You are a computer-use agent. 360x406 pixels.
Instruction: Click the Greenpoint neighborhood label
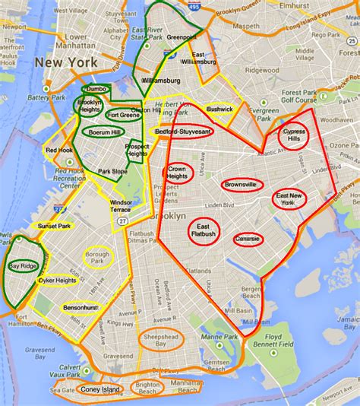click(182, 36)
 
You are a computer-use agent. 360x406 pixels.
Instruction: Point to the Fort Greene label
click(123, 115)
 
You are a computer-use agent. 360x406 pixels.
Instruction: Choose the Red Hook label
click(58, 151)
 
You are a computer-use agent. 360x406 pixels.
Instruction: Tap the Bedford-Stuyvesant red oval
click(184, 131)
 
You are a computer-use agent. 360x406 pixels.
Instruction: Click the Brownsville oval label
click(241, 184)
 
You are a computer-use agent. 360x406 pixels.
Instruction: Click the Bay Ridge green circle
click(21, 266)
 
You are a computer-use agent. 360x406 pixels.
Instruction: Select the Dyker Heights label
click(57, 280)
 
